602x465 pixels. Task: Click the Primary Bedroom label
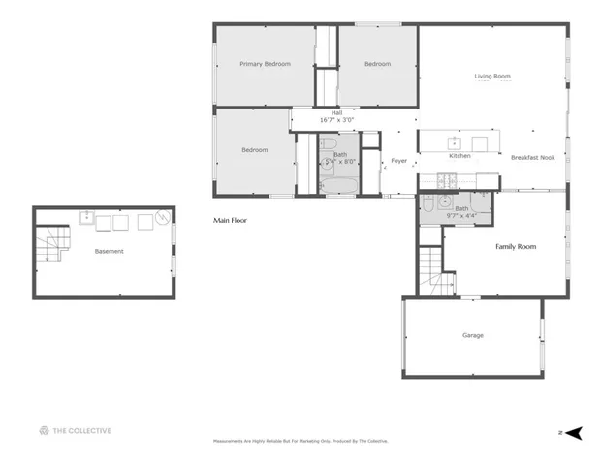[265, 64]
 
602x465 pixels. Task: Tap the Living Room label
[491, 76]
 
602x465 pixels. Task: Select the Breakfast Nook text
[532, 156]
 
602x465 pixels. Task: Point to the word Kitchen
[459, 156]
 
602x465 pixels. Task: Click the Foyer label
[398, 161]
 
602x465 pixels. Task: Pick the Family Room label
[516, 247]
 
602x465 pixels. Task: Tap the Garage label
[472, 335]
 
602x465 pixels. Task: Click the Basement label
[109, 251]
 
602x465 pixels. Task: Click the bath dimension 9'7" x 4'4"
[461, 216]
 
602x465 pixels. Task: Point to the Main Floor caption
[230, 221]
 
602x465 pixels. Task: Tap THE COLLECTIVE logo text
[81, 431]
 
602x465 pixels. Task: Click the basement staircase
[50, 245]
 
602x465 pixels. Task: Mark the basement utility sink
[87, 217]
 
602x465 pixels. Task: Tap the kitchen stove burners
[447, 179]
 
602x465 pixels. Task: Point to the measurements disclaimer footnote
[301, 441]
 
